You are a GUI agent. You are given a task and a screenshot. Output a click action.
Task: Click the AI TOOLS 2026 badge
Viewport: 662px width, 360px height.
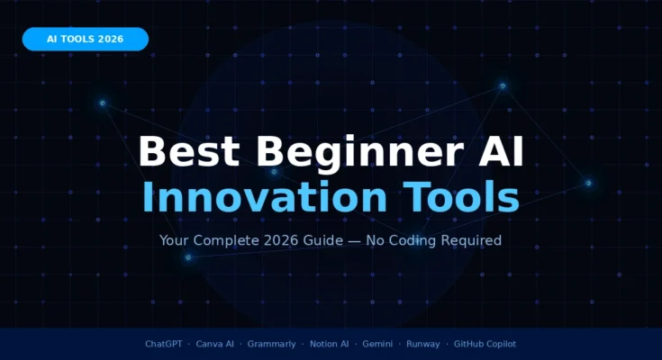pos(85,39)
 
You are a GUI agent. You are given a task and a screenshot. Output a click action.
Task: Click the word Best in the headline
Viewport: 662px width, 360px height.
pos(187,151)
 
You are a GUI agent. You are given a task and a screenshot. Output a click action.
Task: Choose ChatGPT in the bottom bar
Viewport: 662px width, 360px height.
pos(164,344)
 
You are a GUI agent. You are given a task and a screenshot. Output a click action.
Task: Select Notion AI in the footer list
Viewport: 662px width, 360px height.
pos(329,344)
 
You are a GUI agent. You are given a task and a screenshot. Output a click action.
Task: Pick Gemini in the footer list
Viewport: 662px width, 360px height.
pos(378,344)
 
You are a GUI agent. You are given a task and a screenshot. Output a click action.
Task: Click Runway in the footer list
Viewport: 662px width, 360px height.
pos(423,344)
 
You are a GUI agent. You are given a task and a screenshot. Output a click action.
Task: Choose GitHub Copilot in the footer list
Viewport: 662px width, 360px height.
pos(485,344)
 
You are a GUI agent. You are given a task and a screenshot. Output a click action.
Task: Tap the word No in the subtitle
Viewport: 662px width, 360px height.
pos(376,241)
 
